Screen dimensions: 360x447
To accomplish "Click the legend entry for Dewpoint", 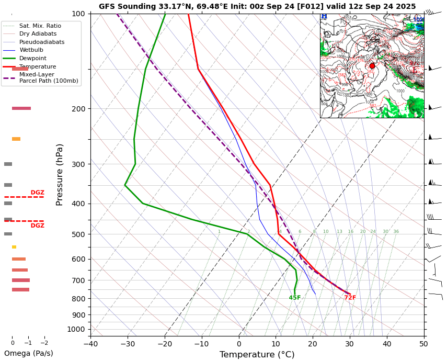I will (x=33, y=58).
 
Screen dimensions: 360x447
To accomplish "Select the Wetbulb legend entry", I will (x=31, y=50).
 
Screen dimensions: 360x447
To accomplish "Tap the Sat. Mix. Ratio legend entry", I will (x=40, y=26).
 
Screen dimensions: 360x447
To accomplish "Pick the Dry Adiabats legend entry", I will (x=38, y=33).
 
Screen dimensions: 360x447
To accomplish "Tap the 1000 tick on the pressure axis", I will (x=76, y=329).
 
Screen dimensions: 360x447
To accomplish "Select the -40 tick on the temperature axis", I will (x=90, y=344).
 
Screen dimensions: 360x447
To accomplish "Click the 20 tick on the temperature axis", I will (x=313, y=344).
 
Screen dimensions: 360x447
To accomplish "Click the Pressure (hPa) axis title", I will (x=60, y=174).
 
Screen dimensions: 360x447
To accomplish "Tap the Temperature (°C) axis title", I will (x=257, y=355).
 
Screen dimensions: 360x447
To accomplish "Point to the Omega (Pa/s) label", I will (x=29, y=353).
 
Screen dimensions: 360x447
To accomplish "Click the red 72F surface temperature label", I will (x=350, y=298).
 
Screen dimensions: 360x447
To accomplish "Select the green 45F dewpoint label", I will (x=295, y=298).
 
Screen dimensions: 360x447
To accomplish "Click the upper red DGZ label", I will (x=37, y=193).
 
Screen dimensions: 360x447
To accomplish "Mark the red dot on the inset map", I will (x=372, y=66).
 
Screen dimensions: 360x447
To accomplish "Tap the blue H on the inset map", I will (x=324, y=17).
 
